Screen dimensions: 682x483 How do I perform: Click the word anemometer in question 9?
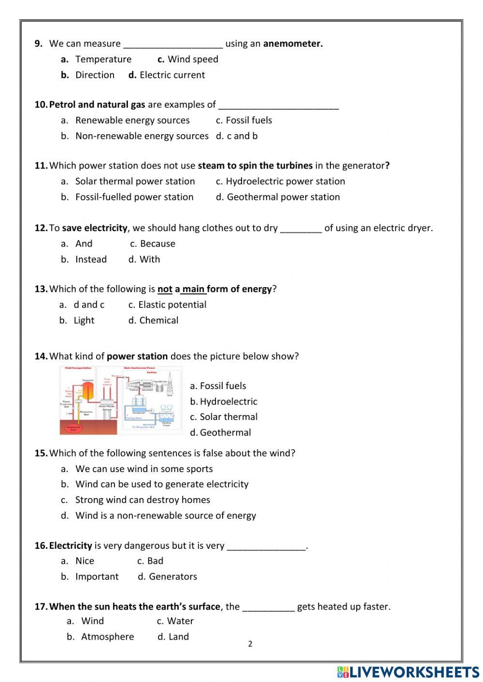(293, 43)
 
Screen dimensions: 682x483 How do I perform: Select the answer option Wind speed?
(193, 59)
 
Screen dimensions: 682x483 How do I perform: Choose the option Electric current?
(172, 75)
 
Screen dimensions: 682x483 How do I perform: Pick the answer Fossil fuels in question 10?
(249, 120)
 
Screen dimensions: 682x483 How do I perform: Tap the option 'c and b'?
(242, 136)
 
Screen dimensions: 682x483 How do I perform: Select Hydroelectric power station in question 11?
(285, 181)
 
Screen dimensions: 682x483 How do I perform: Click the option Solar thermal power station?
(135, 181)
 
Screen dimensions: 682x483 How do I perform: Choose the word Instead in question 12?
(91, 259)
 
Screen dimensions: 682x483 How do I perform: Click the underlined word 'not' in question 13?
(165, 289)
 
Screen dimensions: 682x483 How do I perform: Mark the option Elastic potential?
(172, 305)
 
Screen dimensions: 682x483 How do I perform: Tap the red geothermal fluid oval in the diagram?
(73, 428)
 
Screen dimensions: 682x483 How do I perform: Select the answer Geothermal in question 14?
(225, 432)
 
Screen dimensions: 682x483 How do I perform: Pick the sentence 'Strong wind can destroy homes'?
(142, 500)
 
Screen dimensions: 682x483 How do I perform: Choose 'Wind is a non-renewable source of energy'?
(165, 515)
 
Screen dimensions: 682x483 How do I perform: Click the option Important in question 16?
(97, 577)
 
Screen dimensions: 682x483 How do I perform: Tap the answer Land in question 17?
(178, 637)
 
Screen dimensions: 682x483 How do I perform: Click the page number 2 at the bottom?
(250, 644)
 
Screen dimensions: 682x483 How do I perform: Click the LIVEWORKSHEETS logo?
(408, 672)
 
